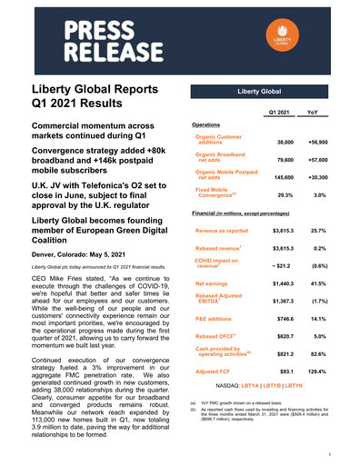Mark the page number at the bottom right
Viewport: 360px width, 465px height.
pos(339,450)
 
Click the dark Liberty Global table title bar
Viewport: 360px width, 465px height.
pos(263,93)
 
